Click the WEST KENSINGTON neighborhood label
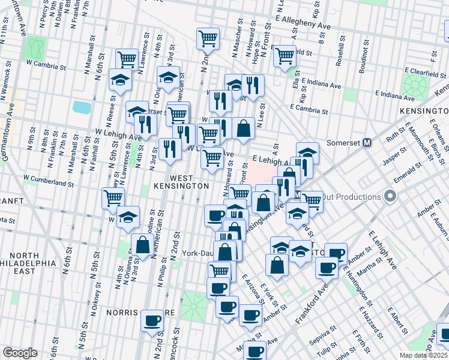tap(181, 182)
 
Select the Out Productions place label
tap(351, 197)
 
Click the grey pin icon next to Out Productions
tap(391, 196)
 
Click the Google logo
tap(20, 353)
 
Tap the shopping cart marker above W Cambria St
tap(127, 59)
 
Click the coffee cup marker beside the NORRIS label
tap(152, 320)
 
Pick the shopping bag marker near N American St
tap(142, 245)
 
